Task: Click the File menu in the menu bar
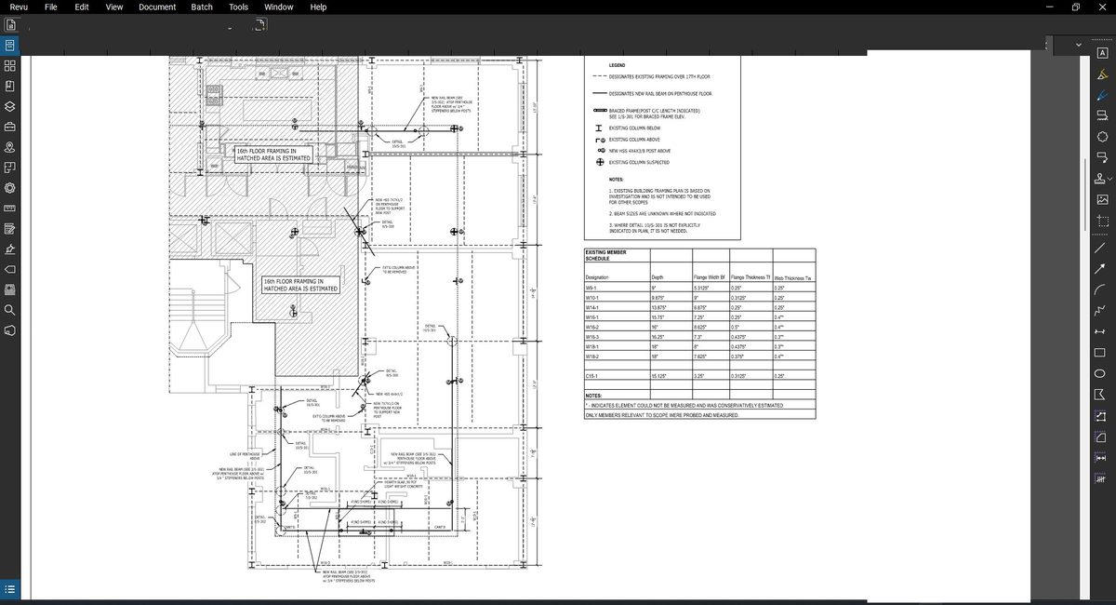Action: click(x=51, y=7)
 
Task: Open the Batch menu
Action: click(x=202, y=7)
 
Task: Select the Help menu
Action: click(x=318, y=7)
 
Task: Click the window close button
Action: click(x=1102, y=7)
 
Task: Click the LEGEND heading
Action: click(x=617, y=64)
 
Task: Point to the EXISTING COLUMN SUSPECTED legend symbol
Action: click(x=600, y=162)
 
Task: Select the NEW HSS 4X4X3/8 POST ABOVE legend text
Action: click(x=640, y=151)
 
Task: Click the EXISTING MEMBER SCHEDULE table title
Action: click(x=605, y=255)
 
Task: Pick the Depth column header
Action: click(x=657, y=278)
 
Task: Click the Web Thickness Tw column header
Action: click(x=792, y=278)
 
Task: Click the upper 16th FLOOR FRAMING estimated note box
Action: click(x=272, y=155)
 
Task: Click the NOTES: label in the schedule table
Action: click(x=593, y=396)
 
